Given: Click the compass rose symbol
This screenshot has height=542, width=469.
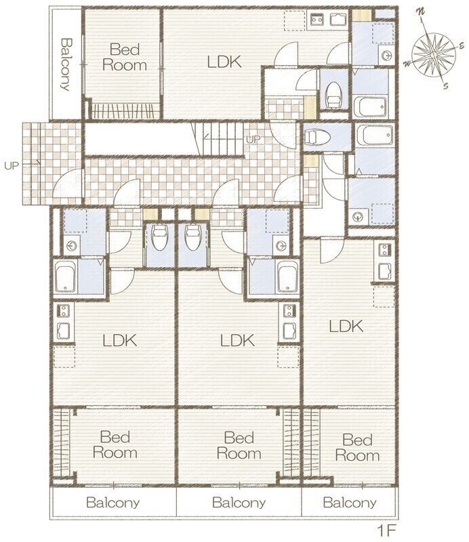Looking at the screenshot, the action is (434, 51).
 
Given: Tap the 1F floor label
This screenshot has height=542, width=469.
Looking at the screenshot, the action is (386, 530).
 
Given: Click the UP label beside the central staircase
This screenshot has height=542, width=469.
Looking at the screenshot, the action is (253, 140).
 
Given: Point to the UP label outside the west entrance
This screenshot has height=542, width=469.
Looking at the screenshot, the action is (12, 165).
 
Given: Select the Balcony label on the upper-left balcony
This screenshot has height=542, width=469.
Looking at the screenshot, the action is (66, 64).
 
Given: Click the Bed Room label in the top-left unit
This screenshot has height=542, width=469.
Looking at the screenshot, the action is (125, 58).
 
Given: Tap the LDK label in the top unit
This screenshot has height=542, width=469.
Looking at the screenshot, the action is (224, 62).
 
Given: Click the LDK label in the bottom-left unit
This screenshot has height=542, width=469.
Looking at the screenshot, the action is (120, 341).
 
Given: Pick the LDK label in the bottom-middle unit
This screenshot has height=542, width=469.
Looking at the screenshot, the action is (237, 341).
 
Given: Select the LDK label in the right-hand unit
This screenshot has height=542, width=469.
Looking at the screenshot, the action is (346, 326).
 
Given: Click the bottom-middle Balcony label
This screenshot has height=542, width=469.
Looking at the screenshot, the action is (239, 502).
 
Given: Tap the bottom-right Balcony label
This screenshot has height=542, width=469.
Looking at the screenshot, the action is (350, 502).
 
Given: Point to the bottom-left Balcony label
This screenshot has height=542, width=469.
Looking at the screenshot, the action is (113, 502).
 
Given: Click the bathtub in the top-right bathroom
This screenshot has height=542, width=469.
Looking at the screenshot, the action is (370, 106).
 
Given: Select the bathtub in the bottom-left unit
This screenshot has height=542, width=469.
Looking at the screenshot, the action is (66, 276).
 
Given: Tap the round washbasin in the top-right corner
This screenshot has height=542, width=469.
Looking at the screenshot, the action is (387, 55).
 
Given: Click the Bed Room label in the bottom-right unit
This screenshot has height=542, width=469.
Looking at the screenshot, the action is (357, 448).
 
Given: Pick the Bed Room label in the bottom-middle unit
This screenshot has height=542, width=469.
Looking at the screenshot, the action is (239, 445).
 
